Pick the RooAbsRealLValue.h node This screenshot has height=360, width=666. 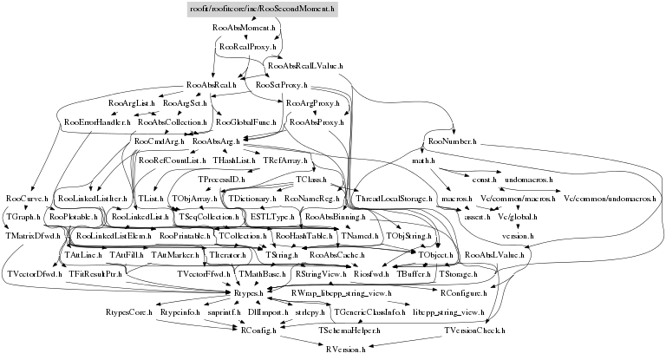click(x=306, y=66)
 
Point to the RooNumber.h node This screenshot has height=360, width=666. click(x=449, y=140)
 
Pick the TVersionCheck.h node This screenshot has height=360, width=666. click(x=474, y=331)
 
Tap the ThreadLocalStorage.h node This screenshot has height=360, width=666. click(x=395, y=199)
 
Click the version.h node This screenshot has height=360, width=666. click(x=518, y=235)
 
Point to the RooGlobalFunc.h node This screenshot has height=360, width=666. click(x=247, y=122)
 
